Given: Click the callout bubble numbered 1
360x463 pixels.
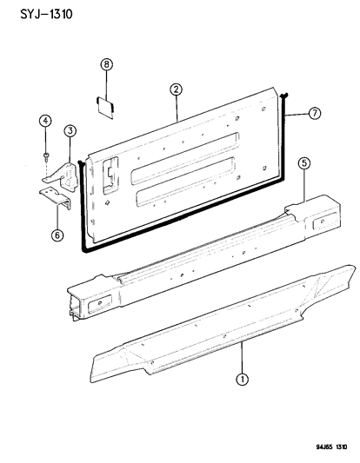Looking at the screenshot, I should [241, 378].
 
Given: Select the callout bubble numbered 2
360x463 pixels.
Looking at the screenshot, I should [176, 89].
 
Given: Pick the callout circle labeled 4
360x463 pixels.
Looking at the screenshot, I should [45, 122].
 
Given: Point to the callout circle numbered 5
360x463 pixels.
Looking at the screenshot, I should [303, 162].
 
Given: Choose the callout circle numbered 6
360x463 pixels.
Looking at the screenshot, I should [58, 233].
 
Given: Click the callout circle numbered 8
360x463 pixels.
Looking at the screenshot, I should [107, 65].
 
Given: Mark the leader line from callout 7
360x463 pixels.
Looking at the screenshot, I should [298, 113].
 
